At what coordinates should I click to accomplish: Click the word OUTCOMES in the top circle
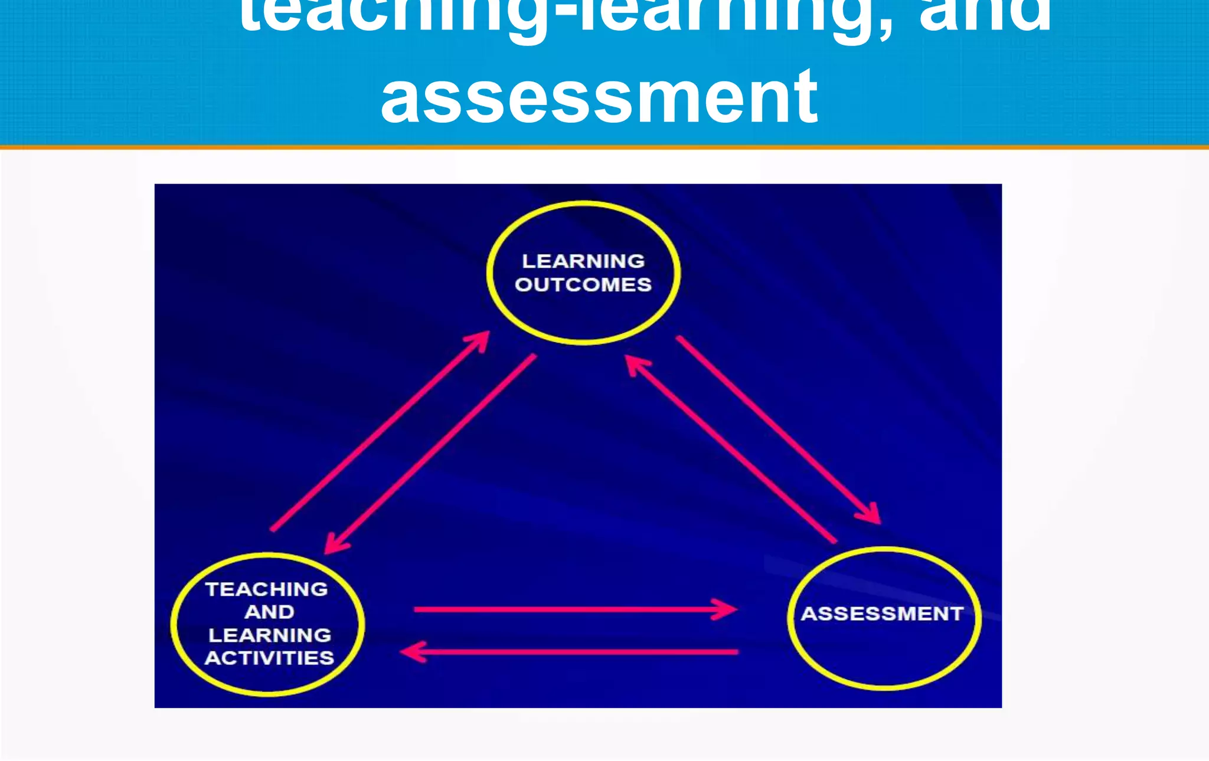[x=583, y=285]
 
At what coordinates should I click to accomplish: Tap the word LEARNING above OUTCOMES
[x=583, y=261]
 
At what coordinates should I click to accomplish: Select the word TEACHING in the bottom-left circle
[x=267, y=589]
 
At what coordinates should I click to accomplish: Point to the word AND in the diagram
[x=269, y=612]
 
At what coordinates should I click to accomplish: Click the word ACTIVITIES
[x=269, y=658]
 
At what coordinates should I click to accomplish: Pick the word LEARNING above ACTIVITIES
[x=270, y=635]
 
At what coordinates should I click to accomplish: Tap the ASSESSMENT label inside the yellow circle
[x=882, y=614]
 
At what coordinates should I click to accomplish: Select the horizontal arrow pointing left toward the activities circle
[x=573, y=652]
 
